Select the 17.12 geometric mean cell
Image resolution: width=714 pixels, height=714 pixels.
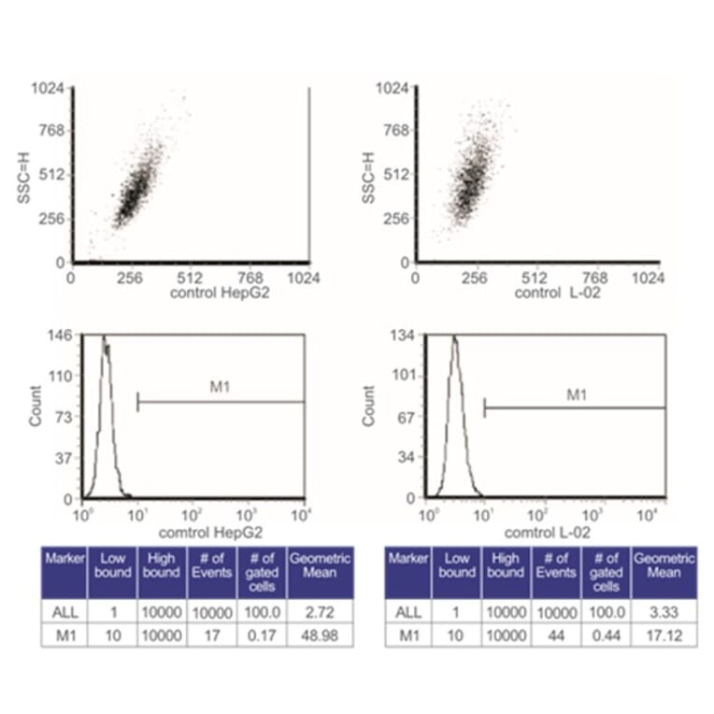(x=664, y=635)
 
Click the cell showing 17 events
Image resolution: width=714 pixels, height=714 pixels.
(x=214, y=635)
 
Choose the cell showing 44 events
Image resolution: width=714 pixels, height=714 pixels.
(x=558, y=635)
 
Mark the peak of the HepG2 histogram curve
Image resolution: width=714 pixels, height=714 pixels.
(x=104, y=338)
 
